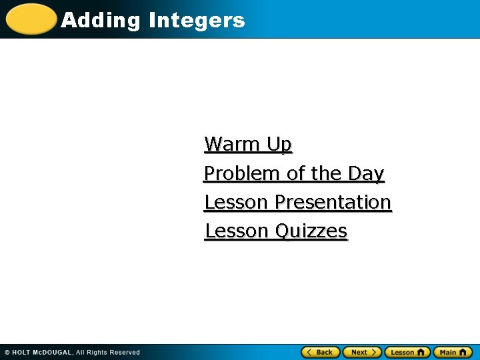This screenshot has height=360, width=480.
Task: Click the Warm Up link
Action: [248, 144]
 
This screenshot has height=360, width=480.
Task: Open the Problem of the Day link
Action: [294, 173]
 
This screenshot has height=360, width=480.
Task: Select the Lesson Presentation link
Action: [297, 202]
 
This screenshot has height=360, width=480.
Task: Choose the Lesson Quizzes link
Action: [276, 231]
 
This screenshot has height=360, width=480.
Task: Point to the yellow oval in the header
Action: [31, 19]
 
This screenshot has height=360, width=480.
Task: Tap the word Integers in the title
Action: [197, 21]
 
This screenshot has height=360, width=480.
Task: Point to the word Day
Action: [366, 173]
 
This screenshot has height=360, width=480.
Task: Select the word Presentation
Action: [333, 202]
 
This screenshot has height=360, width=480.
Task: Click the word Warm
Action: [233, 144]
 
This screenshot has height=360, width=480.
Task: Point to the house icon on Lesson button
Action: [420, 352]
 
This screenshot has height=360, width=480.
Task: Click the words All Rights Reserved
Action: [108, 352]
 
